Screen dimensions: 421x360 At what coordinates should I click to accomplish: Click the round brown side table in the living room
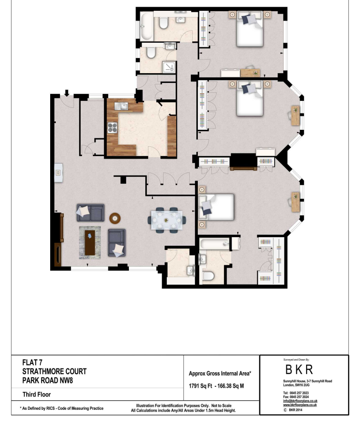[115, 218]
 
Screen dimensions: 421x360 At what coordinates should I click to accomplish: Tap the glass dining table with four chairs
[166, 220]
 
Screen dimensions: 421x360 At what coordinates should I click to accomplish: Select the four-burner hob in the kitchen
[113, 127]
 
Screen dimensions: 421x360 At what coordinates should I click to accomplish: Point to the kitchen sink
[123, 106]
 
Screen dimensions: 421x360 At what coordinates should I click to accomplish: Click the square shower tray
[168, 67]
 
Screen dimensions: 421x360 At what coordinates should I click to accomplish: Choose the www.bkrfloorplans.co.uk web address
[300, 405]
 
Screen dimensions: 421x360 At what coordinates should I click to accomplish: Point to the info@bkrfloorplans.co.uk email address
[300, 401]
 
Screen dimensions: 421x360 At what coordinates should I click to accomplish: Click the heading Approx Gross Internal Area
[220, 373]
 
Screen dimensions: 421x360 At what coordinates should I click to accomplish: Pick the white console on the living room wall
[58, 173]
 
